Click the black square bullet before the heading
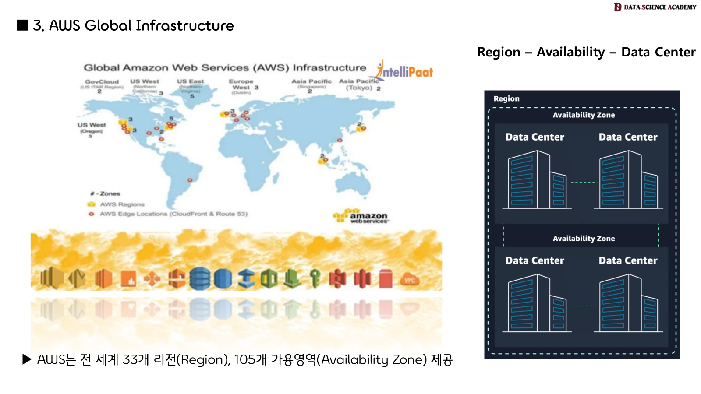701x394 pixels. coord(22,25)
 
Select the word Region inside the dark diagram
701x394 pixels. coord(506,99)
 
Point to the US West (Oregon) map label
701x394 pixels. coord(91,128)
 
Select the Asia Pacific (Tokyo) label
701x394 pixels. coord(359,84)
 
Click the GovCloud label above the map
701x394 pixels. coord(102,82)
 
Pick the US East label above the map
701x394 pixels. coord(190,81)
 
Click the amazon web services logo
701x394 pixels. coord(361,216)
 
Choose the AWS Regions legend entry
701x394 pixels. coord(122,204)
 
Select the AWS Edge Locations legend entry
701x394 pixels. coord(173,214)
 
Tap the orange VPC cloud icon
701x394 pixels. coord(409,280)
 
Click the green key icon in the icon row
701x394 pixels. coord(315,278)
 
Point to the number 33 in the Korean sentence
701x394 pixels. coord(130,360)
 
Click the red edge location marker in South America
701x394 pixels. coord(190,180)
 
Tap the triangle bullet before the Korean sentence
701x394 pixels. coord(27,359)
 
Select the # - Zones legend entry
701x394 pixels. coord(106,193)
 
